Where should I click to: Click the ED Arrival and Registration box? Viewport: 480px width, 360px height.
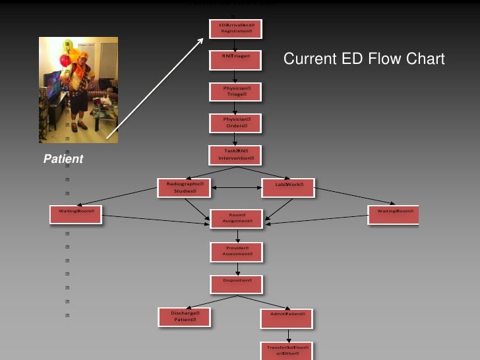235,28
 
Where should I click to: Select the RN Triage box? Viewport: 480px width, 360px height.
235,57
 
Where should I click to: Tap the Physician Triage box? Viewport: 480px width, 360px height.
235,92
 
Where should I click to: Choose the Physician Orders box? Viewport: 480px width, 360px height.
235,123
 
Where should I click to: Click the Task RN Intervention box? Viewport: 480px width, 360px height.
235,155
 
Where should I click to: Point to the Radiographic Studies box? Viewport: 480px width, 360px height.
184,188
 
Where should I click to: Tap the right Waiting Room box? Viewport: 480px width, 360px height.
393,214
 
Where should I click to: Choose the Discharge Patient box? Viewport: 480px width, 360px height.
185,316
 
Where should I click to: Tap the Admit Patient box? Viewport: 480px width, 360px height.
287,316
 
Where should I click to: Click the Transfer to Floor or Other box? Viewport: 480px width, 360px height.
287,350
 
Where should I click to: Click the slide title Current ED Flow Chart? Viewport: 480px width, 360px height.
364,59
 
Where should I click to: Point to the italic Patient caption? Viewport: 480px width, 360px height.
63,159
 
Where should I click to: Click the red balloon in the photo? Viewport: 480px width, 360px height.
65,61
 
